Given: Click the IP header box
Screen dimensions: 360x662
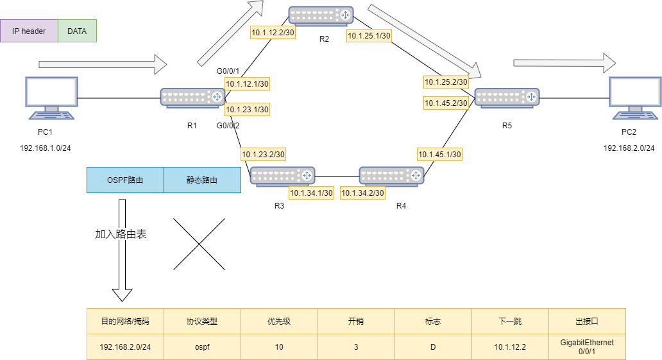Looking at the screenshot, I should click(29, 31).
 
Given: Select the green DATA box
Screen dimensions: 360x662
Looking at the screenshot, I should click(77, 31).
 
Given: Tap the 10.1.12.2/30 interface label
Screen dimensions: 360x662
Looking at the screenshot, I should click(273, 32).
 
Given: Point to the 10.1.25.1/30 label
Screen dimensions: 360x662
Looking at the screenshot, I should click(369, 36).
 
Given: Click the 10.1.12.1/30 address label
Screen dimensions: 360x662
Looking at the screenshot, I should click(247, 83).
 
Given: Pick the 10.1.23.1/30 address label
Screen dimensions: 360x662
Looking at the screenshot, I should click(247, 110).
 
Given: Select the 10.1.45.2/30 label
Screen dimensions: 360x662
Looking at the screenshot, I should click(446, 103).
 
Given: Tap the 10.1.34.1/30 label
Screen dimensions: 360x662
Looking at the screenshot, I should click(311, 193).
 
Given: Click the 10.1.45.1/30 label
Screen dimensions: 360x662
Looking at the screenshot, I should click(439, 154).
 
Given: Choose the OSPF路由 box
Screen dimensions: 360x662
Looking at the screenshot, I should click(125, 180).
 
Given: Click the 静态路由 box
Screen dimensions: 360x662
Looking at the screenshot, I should click(202, 180).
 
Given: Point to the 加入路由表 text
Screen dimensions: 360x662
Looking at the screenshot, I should click(121, 234).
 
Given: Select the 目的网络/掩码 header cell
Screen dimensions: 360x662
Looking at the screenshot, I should click(125, 321).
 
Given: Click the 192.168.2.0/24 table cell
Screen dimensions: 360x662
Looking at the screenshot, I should click(125, 347).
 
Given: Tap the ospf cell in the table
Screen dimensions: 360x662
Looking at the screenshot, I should click(202, 347).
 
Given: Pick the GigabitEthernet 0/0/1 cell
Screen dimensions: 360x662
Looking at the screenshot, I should click(587, 347).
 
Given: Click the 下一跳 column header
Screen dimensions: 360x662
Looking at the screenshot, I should click(510, 321).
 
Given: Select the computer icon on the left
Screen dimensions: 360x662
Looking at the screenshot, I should click(51, 98).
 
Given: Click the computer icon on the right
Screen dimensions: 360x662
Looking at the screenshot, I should click(635, 98).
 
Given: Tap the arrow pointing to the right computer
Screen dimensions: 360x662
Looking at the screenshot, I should click(564, 63).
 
